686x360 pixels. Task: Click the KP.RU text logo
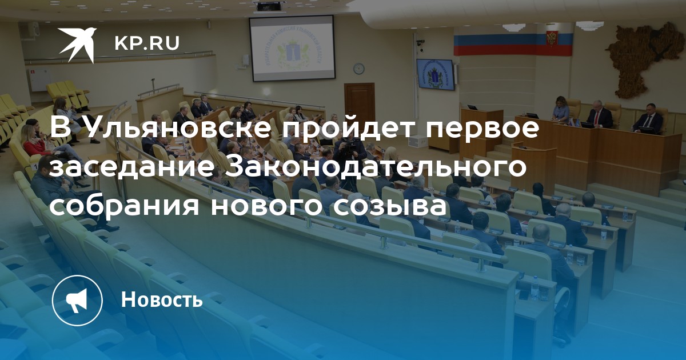(x=147, y=43)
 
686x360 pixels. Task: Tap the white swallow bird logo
(x=78, y=43)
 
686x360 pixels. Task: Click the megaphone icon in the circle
(x=77, y=300)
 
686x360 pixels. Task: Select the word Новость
(x=162, y=299)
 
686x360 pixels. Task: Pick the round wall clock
(x=358, y=68)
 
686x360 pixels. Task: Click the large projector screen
(x=292, y=49)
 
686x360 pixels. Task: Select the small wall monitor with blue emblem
(x=435, y=74)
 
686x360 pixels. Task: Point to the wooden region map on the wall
(x=646, y=59)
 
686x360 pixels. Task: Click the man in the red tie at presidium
(x=599, y=115)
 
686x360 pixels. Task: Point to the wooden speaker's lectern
(x=533, y=169)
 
